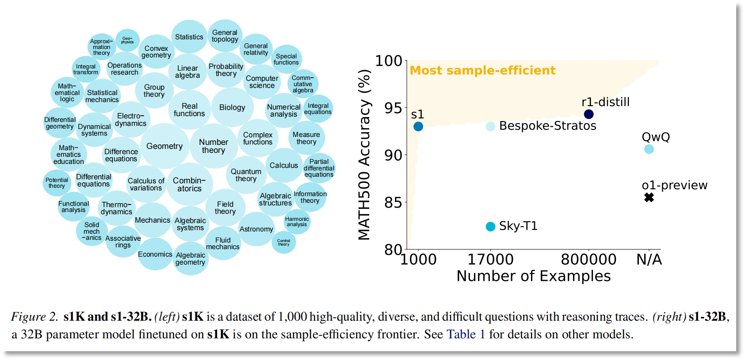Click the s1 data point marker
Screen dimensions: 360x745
click(x=418, y=127)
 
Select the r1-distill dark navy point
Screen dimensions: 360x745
click(x=588, y=114)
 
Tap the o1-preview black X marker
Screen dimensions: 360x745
click(x=649, y=197)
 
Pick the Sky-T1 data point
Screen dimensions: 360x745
click(x=490, y=227)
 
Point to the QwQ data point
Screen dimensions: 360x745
click(x=649, y=149)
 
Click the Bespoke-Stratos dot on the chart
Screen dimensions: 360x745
click(x=490, y=126)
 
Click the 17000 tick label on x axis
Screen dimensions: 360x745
click(x=490, y=259)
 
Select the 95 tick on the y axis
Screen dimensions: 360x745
click(x=393, y=108)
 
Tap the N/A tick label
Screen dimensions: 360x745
click(x=649, y=259)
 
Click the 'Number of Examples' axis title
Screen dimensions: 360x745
click(x=533, y=276)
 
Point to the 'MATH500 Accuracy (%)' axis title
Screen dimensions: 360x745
click(x=364, y=155)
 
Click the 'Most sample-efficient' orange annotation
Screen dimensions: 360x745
click(x=482, y=71)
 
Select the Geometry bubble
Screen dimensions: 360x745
click(x=164, y=146)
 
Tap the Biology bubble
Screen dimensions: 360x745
click(x=232, y=107)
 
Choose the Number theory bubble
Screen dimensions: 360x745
click(x=214, y=146)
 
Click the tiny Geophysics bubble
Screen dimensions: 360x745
click(x=127, y=40)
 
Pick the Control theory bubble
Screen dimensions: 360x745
click(x=283, y=243)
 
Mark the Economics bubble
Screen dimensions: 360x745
click(x=155, y=254)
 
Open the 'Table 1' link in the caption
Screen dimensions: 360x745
click(x=466, y=334)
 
